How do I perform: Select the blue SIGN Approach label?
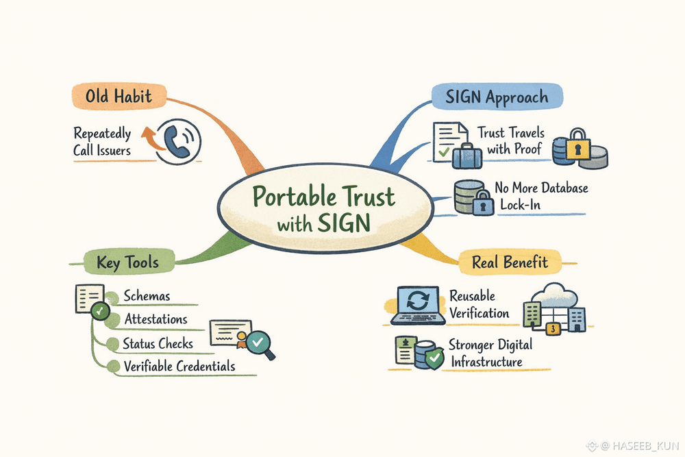pos(497,97)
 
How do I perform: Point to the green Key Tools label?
pos(128,262)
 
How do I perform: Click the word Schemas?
pos(147,297)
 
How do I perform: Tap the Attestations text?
pos(156,319)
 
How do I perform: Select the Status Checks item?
pos(158,343)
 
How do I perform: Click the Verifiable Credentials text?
pos(179,366)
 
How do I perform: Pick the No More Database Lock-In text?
pos(541,196)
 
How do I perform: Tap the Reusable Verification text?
pos(480,305)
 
